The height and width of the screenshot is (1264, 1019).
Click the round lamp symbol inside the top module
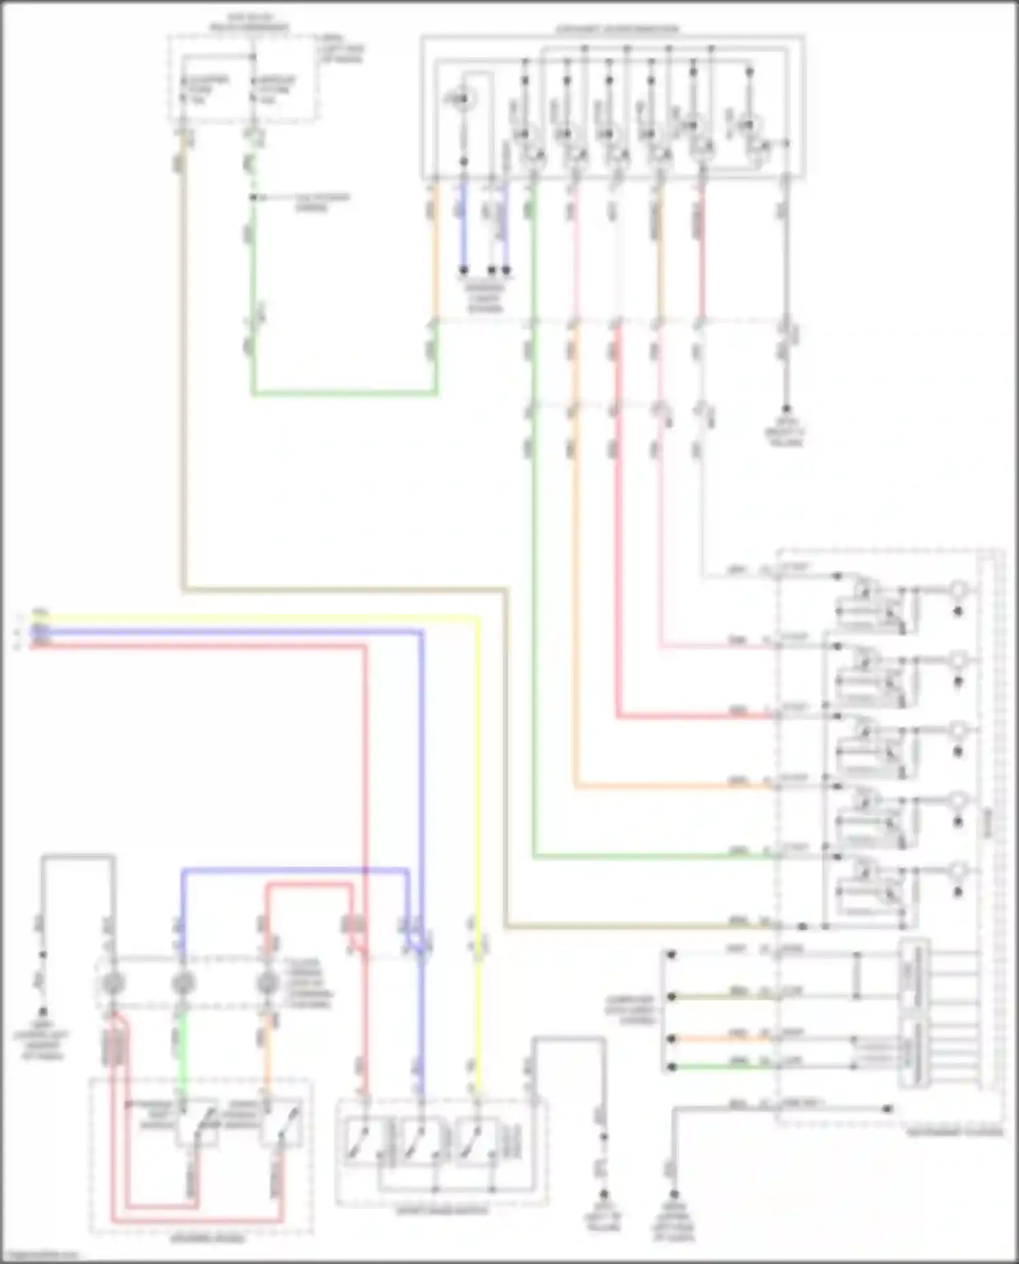tap(462, 101)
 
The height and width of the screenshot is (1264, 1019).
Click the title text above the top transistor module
tap(617, 29)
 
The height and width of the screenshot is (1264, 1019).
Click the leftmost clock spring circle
tap(112, 982)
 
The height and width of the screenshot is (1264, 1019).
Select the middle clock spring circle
tap(182, 982)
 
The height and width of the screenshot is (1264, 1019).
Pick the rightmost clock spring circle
tap(268, 982)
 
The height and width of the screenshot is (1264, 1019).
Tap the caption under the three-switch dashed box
tap(442, 1210)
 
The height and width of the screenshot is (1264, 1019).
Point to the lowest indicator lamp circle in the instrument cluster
tap(958, 871)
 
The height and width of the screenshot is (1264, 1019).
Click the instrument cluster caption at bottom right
tap(954, 1131)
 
